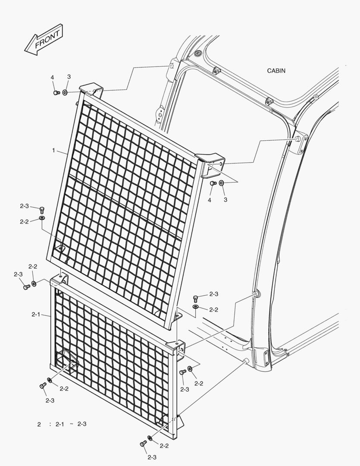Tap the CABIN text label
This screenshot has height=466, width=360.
(x=276, y=71)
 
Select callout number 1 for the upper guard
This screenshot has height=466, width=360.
(x=53, y=151)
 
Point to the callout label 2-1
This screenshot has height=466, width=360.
(x=36, y=315)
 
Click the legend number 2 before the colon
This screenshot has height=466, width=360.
(x=39, y=424)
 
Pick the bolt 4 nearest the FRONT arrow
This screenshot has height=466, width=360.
(x=56, y=92)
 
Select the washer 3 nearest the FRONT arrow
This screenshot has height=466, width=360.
(x=65, y=92)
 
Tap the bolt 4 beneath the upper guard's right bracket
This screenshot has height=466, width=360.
(x=213, y=183)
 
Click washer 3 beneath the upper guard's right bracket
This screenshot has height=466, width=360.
(x=221, y=183)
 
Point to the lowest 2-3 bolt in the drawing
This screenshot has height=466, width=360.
(x=143, y=444)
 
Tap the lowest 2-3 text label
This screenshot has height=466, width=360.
(x=152, y=457)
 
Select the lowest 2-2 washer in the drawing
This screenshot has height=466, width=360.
(x=150, y=439)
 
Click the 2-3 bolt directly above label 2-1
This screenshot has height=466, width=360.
(x=27, y=286)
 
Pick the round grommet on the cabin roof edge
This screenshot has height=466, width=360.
(x=198, y=53)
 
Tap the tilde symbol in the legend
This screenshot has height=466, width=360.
(x=71, y=424)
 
